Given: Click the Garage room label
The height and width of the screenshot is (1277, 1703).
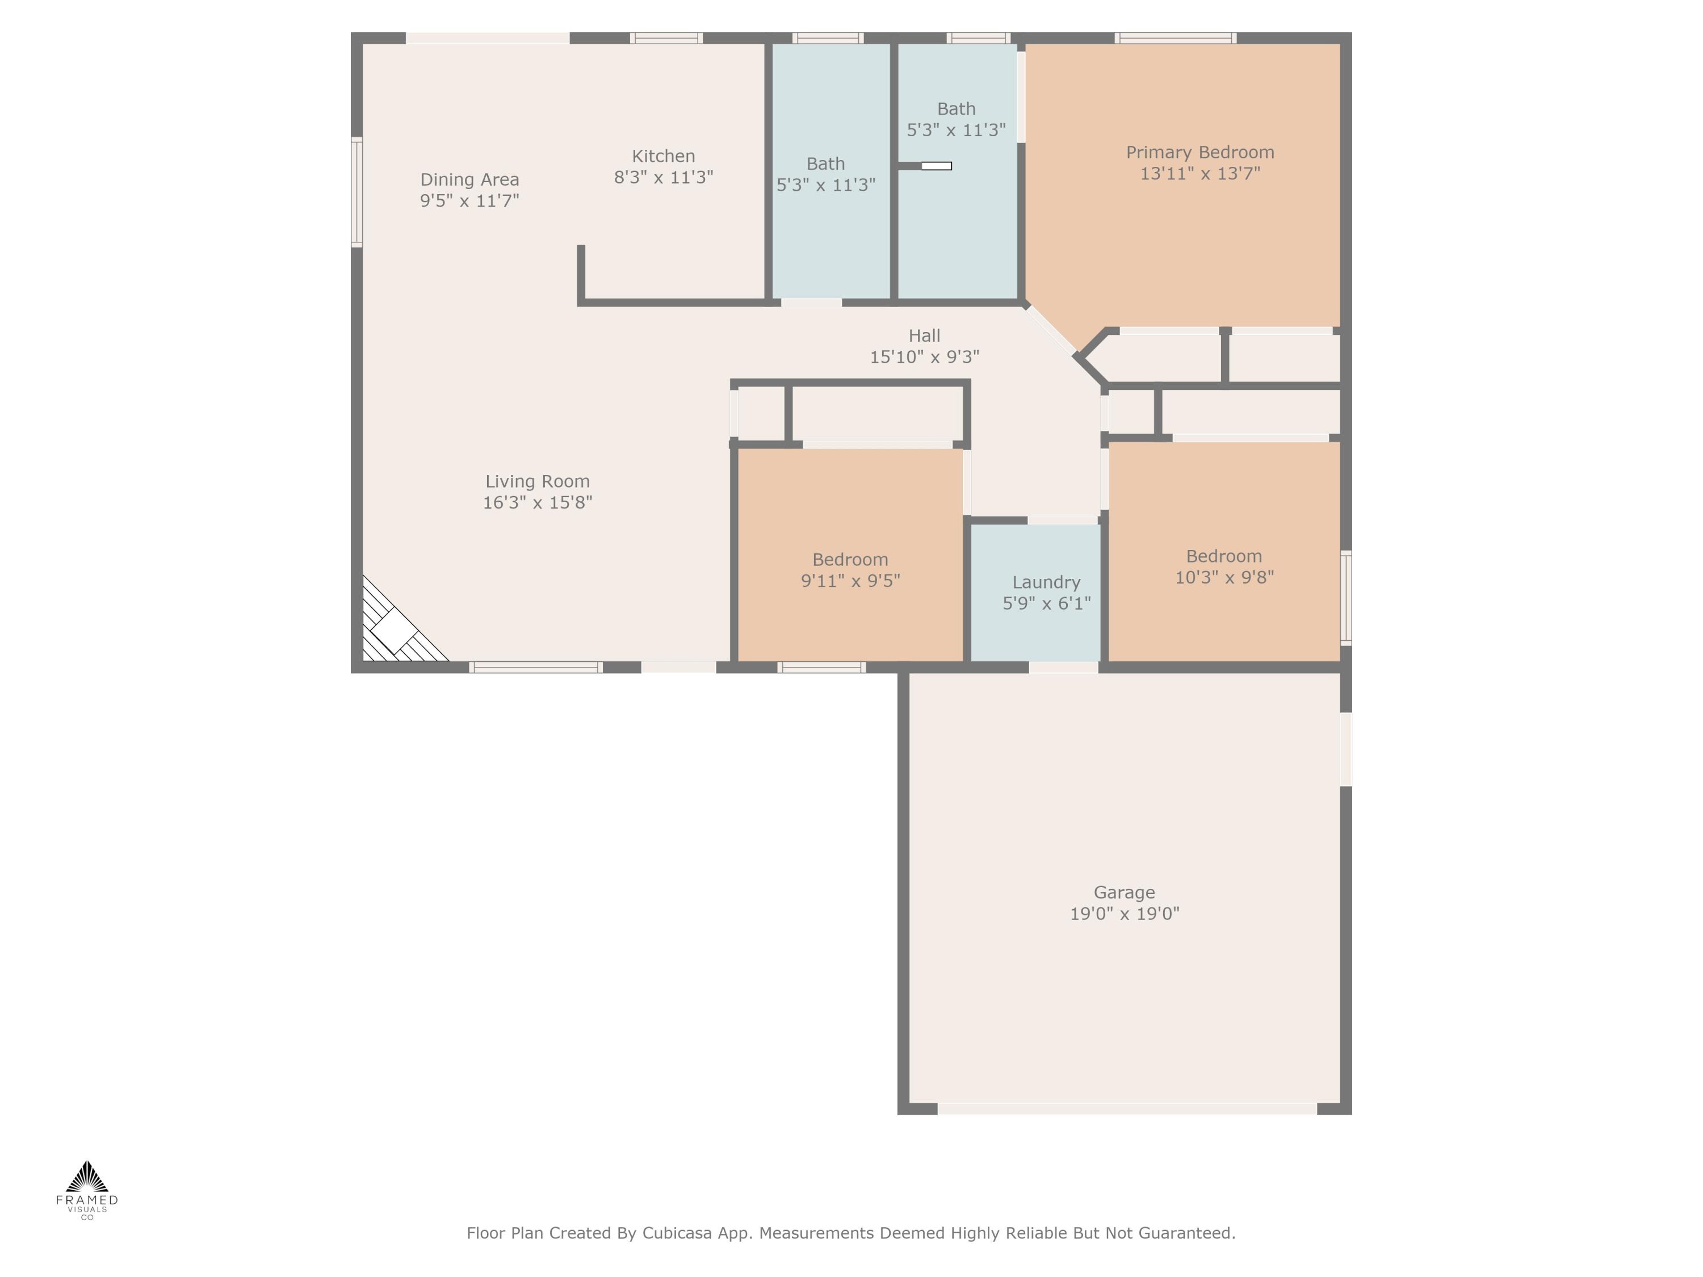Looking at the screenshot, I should click(x=1124, y=892).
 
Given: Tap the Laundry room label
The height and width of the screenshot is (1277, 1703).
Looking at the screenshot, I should click(x=1046, y=582).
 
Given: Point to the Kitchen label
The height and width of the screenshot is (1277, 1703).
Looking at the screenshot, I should click(x=663, y=156).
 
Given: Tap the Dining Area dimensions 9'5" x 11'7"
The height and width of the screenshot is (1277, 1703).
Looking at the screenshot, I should click(x=469, y=201).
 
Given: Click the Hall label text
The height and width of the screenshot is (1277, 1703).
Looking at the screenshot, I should click(x=924, y=335).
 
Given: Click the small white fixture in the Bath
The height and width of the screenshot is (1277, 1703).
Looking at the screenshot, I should click(x=936, y=166).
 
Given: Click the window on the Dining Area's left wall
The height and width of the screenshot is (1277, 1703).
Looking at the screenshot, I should click(x=356, y=192).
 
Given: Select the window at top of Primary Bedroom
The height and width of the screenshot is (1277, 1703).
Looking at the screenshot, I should click(x=1175, y=37).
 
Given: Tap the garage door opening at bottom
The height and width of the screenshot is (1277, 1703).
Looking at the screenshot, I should click(x=1126, y=1108).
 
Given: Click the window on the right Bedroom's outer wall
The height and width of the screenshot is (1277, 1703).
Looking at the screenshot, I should click(x=1346, y=597).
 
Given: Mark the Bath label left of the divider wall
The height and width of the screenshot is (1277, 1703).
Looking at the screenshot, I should click(x=825, y=164).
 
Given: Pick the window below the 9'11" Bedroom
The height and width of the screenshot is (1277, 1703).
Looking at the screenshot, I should click(x=821, y=667).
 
